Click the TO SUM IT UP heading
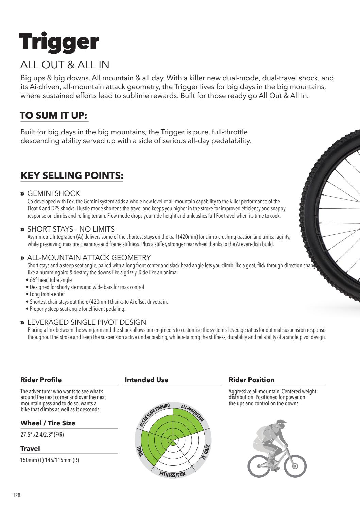[54, 115]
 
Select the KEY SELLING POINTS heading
[72, 175]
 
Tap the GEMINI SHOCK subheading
[53, 193]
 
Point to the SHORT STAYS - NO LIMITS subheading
[71, 229]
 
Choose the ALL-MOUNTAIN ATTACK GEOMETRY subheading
[89, 258]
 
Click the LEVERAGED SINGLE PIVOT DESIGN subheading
[87, 322]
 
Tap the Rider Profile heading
[41, 380]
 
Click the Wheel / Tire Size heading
[48, 423]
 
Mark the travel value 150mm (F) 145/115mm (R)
[50, 460]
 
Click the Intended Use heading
[147, 380]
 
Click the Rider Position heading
[252, 380]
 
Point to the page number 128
[17, 495]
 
